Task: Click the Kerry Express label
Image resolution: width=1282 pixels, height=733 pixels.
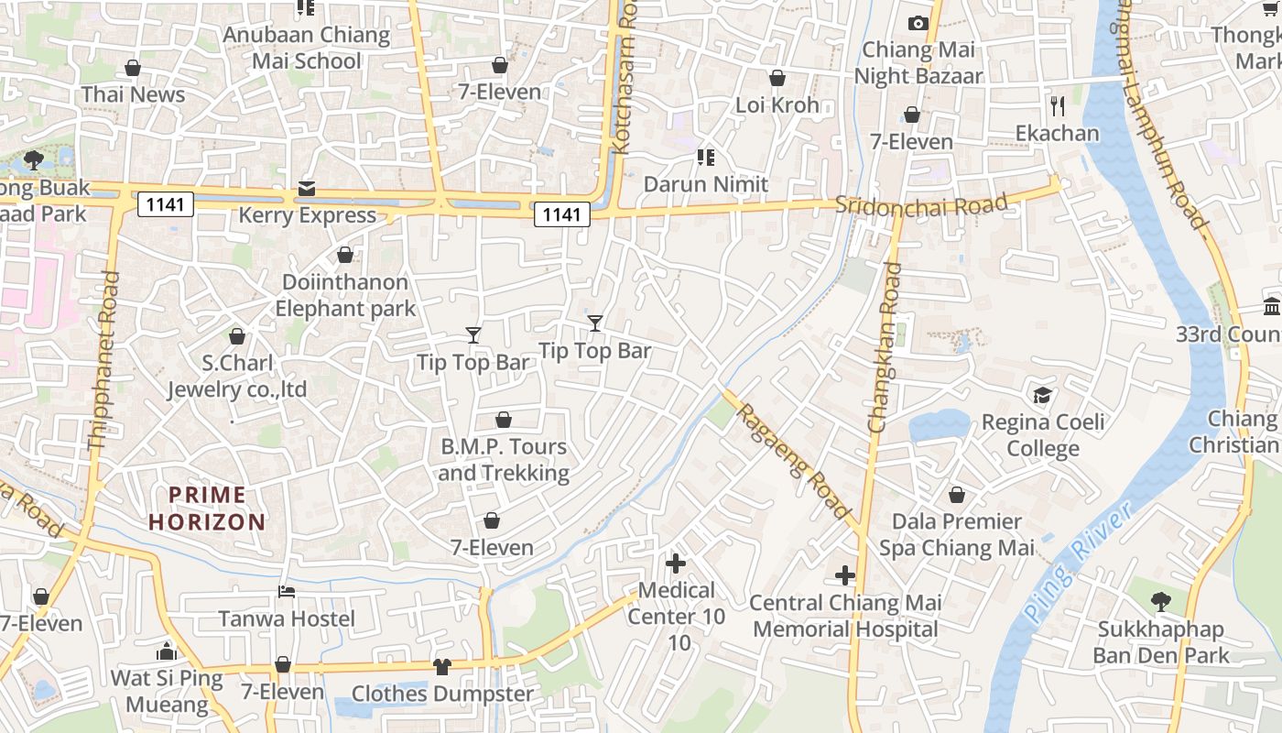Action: (308, 215)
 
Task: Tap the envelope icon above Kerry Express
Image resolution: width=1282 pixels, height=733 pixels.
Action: (306, 189)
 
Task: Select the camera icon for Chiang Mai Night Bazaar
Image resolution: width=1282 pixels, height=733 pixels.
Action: (918, 23)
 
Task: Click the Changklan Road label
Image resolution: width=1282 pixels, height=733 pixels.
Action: (885, 348)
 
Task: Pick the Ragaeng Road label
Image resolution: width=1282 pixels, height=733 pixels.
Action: (794, 461)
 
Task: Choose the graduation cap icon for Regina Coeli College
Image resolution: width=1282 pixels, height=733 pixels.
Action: (1042, 396)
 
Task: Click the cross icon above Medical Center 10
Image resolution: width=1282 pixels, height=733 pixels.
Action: (676, 563)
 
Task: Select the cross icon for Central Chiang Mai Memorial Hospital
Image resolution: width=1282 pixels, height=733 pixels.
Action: (845, 576)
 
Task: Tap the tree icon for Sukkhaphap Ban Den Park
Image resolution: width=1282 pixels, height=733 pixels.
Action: (1161, 602)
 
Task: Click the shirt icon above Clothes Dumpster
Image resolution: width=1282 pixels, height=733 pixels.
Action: (442, 667)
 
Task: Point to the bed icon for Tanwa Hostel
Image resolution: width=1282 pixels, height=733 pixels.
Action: (287, 592)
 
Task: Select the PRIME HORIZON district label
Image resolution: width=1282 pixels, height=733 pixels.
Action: (208, 509)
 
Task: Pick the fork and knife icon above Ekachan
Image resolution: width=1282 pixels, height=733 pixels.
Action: (1058, 106)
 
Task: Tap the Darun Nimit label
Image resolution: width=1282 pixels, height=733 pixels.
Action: (706, 184)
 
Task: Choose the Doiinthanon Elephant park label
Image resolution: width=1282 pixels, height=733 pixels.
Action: (346, 295)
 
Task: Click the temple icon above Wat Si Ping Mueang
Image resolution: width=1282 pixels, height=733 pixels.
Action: (167, 651)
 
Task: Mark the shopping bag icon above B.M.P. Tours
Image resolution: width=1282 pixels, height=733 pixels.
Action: (504, 421)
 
